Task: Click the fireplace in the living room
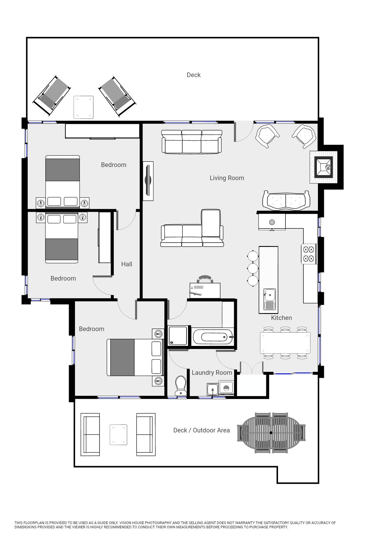324,167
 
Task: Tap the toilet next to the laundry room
180,385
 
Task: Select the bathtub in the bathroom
213,337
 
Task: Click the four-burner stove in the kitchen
309,254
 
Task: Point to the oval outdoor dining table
271,433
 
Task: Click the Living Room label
227,178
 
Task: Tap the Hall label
127,264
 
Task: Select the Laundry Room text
212,373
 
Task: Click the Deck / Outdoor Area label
201,430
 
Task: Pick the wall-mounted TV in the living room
148,181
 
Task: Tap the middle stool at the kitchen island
253,268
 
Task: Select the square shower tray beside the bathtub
178,336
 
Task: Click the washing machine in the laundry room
226,388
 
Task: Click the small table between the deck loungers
84,107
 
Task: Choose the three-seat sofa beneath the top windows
192,142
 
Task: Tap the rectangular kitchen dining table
285,343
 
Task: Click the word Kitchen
281,318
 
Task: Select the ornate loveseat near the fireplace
286,200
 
